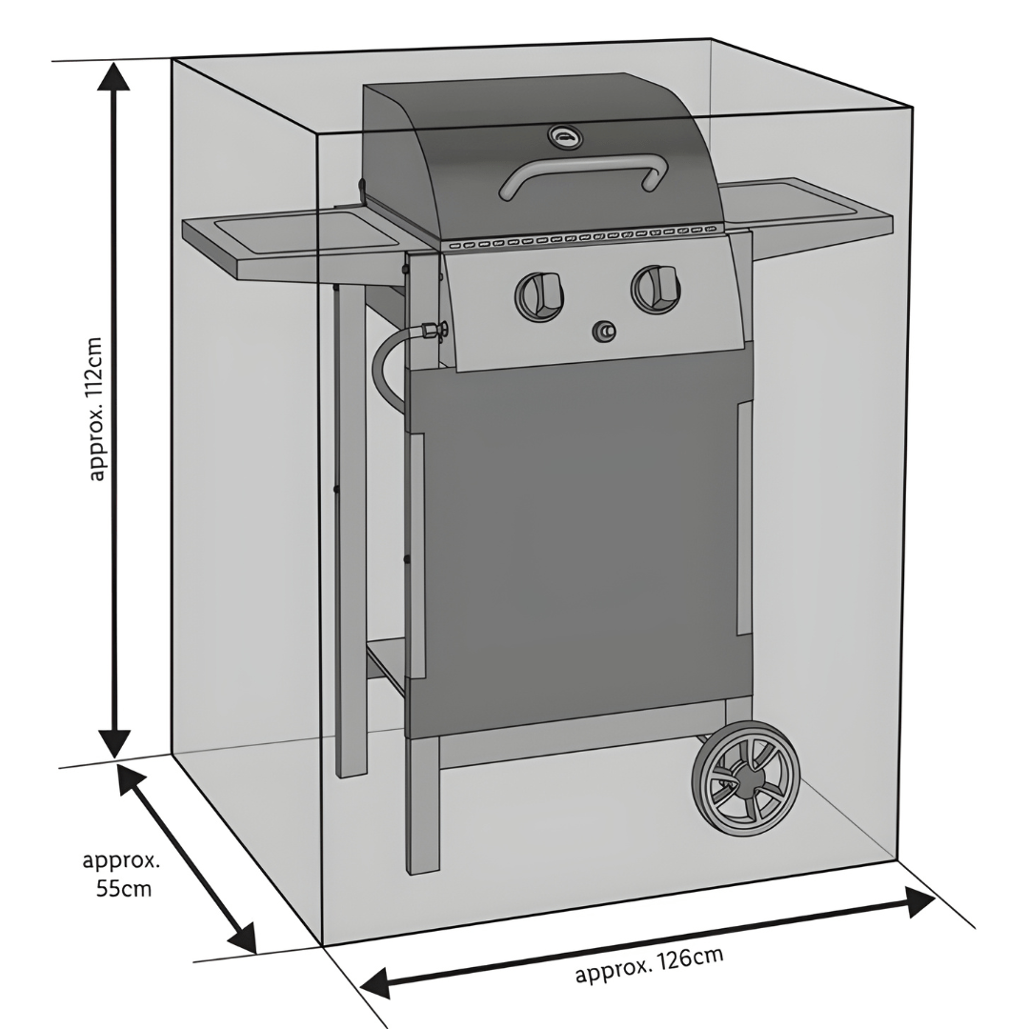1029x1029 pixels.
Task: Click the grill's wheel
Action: coord(746,778)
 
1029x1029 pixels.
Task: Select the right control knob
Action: coord(655,287)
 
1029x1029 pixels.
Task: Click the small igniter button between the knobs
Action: coord(604,332)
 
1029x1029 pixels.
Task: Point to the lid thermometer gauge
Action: coord(564,138)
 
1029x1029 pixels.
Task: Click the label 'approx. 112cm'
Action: coord(96,408)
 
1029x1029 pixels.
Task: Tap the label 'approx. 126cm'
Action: coord(649,965)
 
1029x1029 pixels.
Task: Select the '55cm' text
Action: coord(123,889)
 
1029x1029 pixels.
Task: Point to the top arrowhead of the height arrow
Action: coord(114,75)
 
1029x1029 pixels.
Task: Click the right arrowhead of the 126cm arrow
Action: coord(919,901)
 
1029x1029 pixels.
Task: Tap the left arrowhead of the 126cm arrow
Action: coord(374,982)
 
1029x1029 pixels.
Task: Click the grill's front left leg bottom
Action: coord(423,862)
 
